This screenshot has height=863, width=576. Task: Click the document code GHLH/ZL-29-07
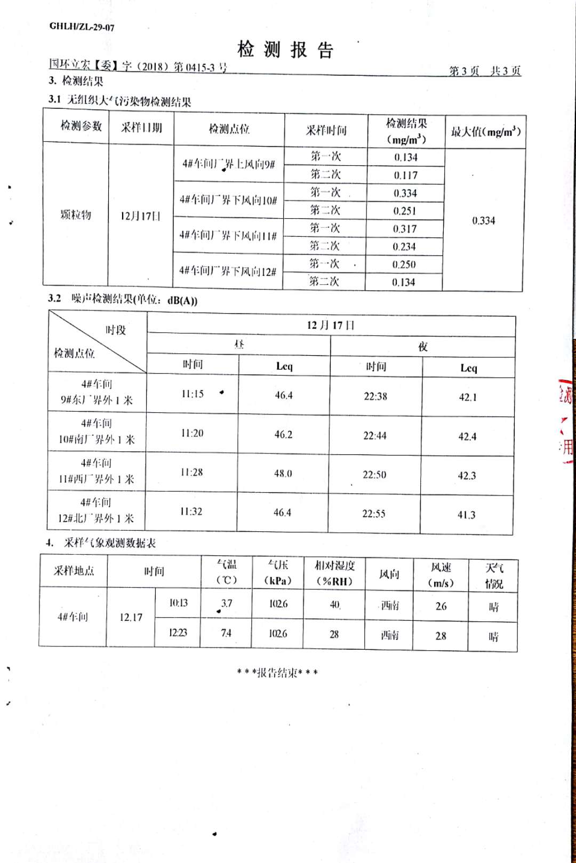click(82, 27)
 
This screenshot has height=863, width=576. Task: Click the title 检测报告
click(285, 50)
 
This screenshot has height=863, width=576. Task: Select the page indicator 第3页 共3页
click(484, 71)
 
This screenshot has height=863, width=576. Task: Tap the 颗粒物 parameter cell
click(76, 215)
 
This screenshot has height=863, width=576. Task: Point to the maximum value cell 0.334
click(483, 221)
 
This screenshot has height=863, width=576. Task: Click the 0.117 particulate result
click(406, 175)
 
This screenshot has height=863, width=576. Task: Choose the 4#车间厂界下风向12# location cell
click(228, 271)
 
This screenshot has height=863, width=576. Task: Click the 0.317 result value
click(405, 229)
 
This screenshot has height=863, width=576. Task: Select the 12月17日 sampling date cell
click(140, 216)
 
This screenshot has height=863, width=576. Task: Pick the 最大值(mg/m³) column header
click(485, 132)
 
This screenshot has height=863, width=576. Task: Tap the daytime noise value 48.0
click(283, 474)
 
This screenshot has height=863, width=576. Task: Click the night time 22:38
click(375, 396)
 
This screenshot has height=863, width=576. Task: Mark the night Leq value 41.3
click(466, 515)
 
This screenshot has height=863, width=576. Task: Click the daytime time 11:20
click(192, 434)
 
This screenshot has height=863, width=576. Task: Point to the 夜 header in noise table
click(423, 347)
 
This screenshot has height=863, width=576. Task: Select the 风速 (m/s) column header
click(441, 575)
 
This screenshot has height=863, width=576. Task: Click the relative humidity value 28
click(334, 634)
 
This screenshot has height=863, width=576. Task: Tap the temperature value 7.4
click(226, 633)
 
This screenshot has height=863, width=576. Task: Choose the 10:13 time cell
click(178, 603)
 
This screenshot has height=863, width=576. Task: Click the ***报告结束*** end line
click(277, 673)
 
